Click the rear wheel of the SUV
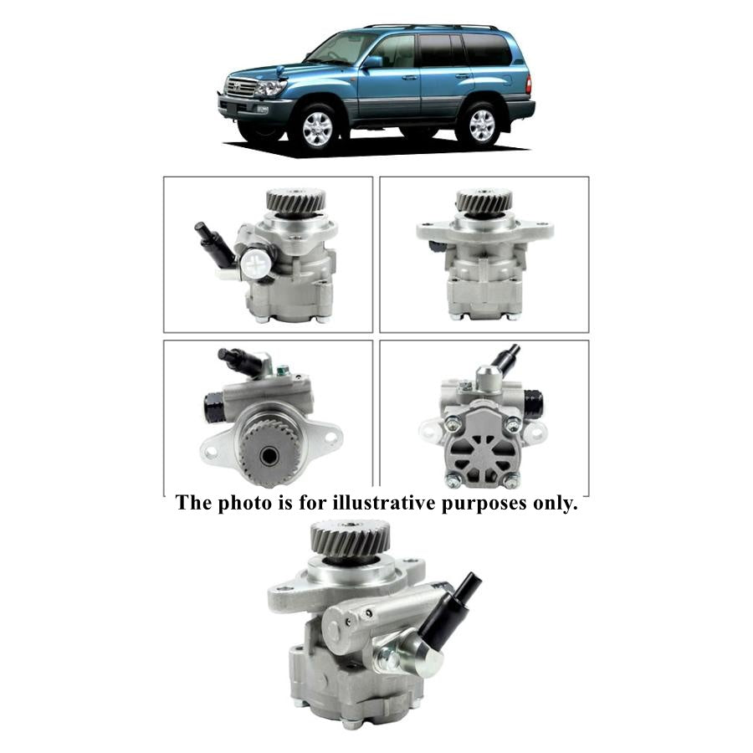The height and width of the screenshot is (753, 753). tap(480, 124)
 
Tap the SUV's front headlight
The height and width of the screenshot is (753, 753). tap(269, 86)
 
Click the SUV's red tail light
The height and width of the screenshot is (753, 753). tap(528, 85)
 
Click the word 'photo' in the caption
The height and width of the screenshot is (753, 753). tap(237, 505)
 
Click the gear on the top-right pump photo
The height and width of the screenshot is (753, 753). tap(484, 201)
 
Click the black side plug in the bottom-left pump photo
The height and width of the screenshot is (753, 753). tap(212, 408)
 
